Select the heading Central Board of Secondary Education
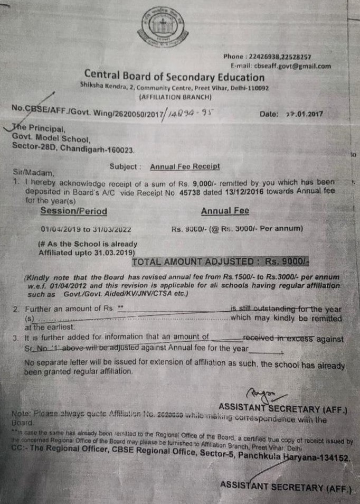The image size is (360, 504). (175, 77)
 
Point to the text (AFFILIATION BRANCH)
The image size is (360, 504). (175, 97)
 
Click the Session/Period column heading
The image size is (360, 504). (74, 211)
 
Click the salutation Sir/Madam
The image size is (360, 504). (31, 172)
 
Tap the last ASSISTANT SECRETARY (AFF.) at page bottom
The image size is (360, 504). (286, 487)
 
